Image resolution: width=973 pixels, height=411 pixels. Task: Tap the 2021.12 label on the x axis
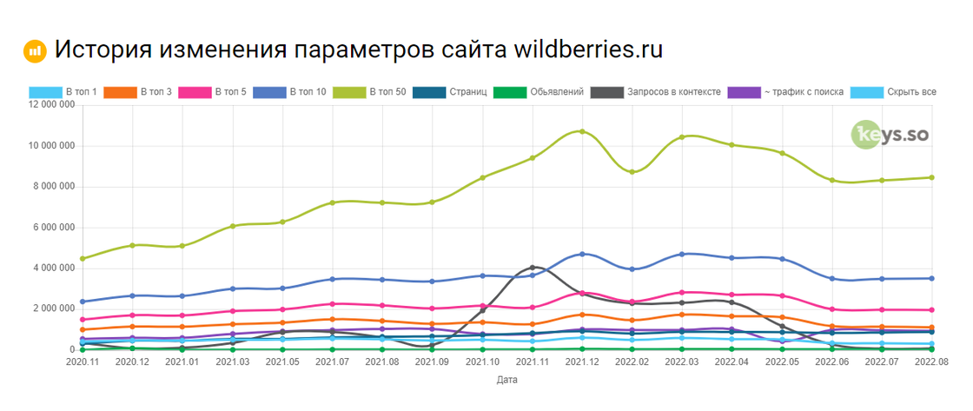582,361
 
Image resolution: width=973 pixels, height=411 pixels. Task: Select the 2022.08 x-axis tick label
931,361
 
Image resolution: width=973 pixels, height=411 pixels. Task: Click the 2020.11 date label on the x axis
82,361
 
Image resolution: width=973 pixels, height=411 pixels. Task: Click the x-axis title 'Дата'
507,381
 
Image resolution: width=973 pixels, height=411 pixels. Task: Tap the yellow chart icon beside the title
35,50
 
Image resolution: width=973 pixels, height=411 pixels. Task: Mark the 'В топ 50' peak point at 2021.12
582,131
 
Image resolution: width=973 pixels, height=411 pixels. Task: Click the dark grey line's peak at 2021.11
532,268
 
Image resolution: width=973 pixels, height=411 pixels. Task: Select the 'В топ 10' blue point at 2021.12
582,254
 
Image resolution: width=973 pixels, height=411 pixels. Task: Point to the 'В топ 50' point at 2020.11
82,259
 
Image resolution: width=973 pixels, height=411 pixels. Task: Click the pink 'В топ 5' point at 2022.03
682,293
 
